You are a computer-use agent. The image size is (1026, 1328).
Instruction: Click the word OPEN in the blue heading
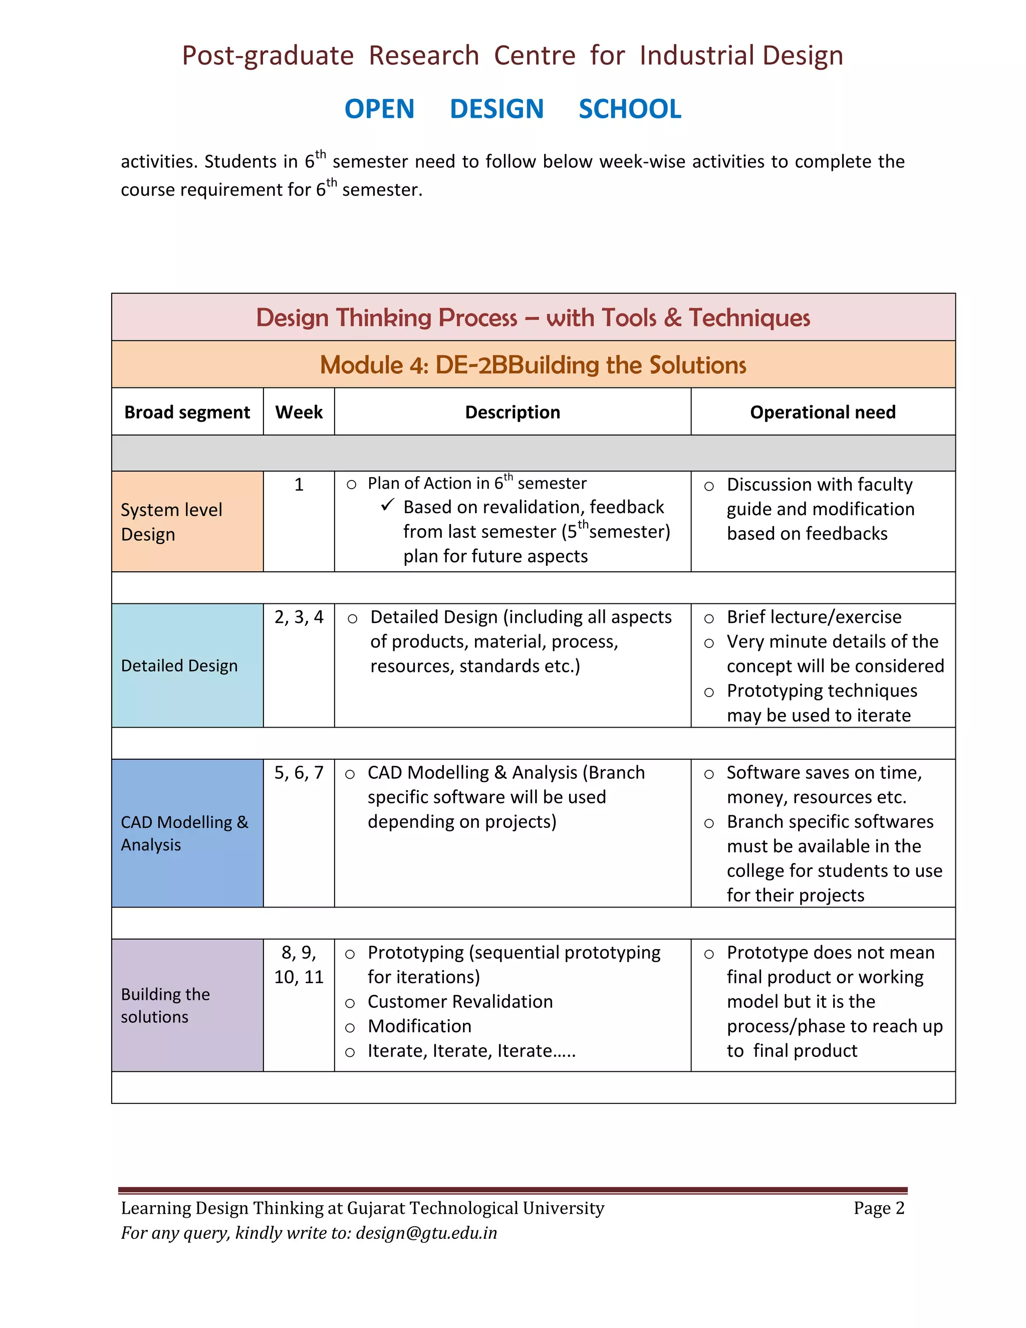pos(379,109)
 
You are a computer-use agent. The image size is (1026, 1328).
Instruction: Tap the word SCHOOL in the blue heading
pos(629,109)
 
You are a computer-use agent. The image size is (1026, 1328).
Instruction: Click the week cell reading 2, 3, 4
pos(299,617)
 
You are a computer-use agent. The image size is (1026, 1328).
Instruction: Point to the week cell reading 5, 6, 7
pos(299,773)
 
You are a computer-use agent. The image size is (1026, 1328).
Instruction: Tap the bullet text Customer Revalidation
pos(460,1001)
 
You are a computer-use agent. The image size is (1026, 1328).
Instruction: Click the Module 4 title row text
pos(533,364)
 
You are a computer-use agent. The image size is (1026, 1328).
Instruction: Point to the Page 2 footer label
pos(878,1208)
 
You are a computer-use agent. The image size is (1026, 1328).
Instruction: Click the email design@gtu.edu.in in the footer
pos(426,1233)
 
